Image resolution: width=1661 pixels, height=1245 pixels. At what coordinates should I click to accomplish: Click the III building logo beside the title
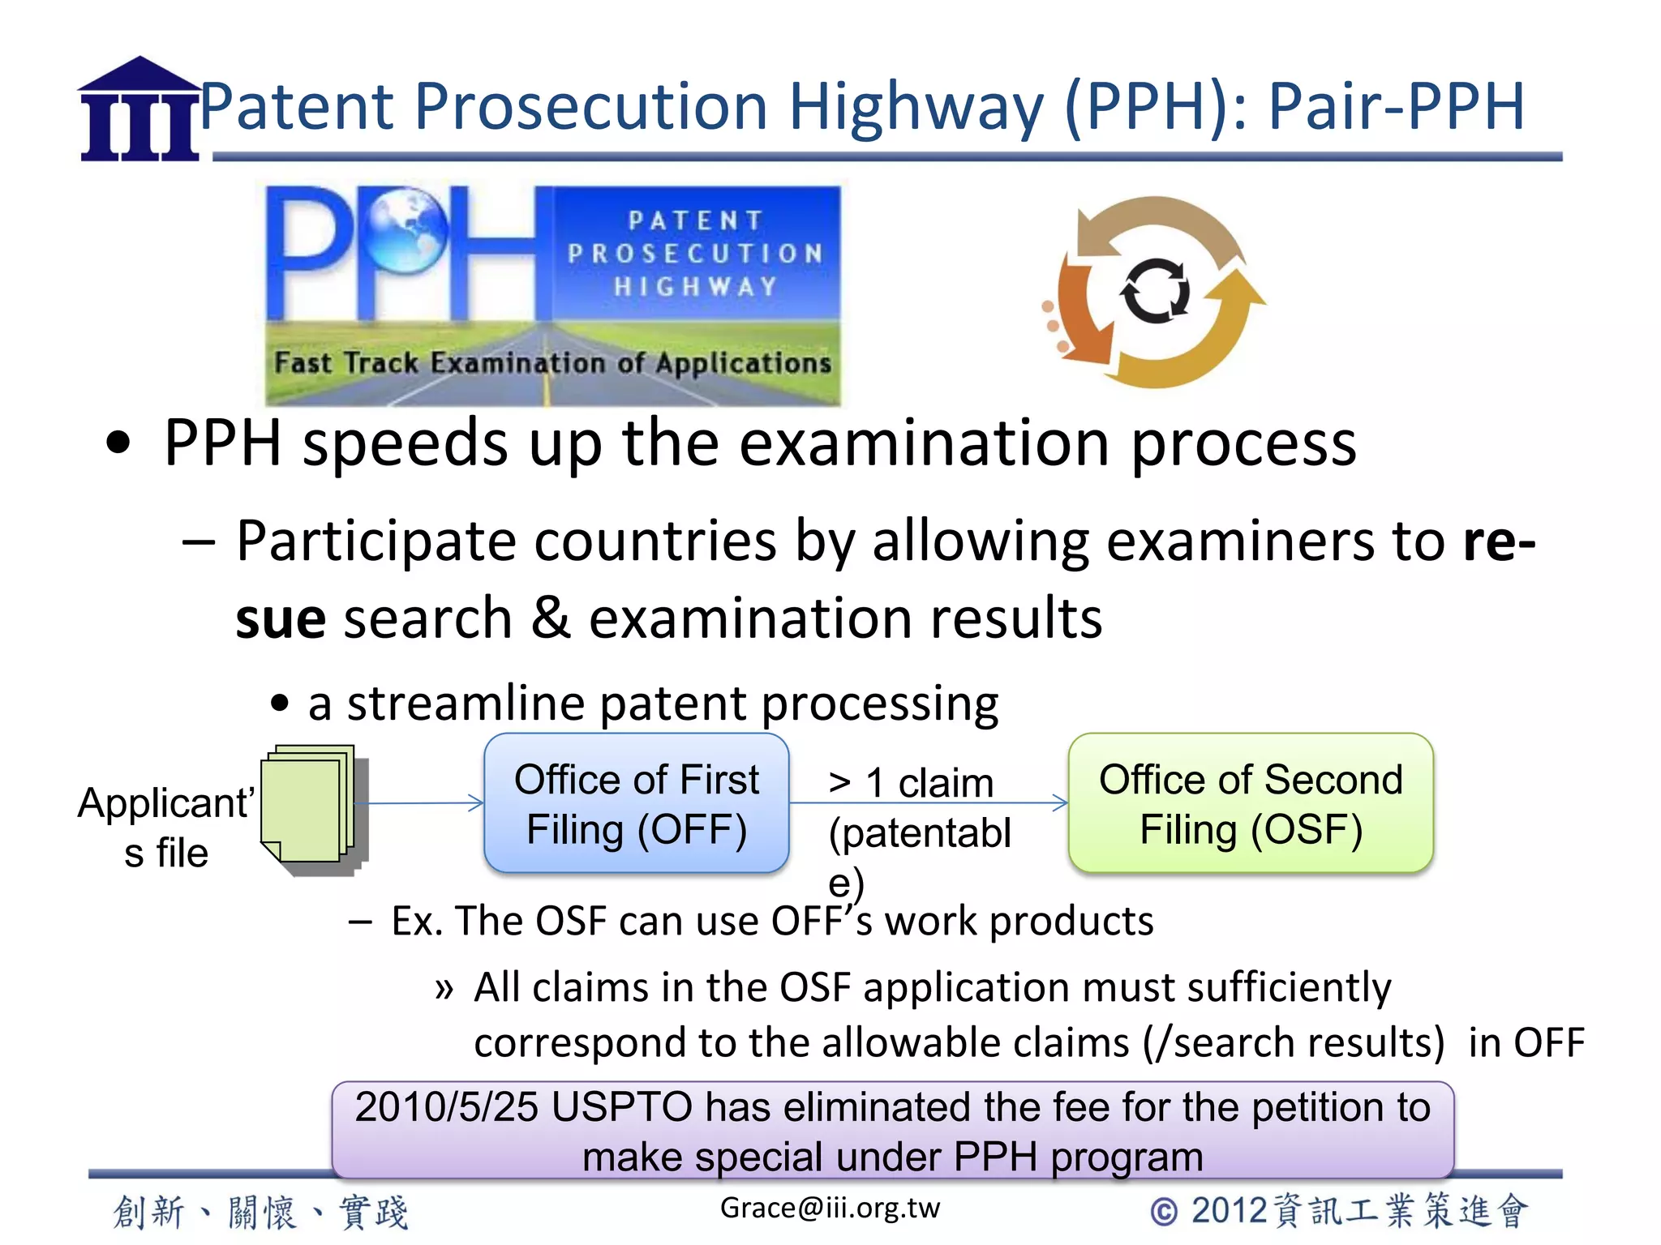click(x=139, y=109)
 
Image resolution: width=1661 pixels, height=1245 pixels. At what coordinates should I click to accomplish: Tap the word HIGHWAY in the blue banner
click(x=695, y=287)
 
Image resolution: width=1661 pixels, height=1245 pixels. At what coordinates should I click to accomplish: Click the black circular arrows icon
click(x=1155, y=291)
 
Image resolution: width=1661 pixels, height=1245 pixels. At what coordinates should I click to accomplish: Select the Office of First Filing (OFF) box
click(x=637, y=803)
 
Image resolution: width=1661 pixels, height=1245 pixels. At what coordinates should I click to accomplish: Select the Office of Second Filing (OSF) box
click(x=1251, y=803)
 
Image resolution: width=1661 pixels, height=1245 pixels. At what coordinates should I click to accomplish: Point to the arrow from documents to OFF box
click(x=418, y=803)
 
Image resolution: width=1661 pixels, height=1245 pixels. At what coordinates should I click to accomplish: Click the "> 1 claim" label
click(x=911, y=783)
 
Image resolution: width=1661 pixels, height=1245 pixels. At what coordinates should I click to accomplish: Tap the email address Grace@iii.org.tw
click(x=830, y=1208)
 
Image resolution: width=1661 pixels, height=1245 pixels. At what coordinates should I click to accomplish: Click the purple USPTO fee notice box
click(x=892, y=1131)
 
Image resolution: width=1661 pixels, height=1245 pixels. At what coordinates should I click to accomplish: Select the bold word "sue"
click(x=281, y=618)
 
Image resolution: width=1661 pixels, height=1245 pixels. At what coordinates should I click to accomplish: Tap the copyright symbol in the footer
click(x=1164, y=1212)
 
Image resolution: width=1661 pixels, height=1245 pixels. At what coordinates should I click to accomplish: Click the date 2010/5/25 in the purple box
click(x=446, y=1107)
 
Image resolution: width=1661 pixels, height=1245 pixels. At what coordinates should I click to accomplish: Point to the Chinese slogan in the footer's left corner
click(x=260, y=1213)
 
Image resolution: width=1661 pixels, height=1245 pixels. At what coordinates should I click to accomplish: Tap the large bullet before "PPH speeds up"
click(x=118, y=443)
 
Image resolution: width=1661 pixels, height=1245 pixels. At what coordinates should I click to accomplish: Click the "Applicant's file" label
click(x=166, y=828)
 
